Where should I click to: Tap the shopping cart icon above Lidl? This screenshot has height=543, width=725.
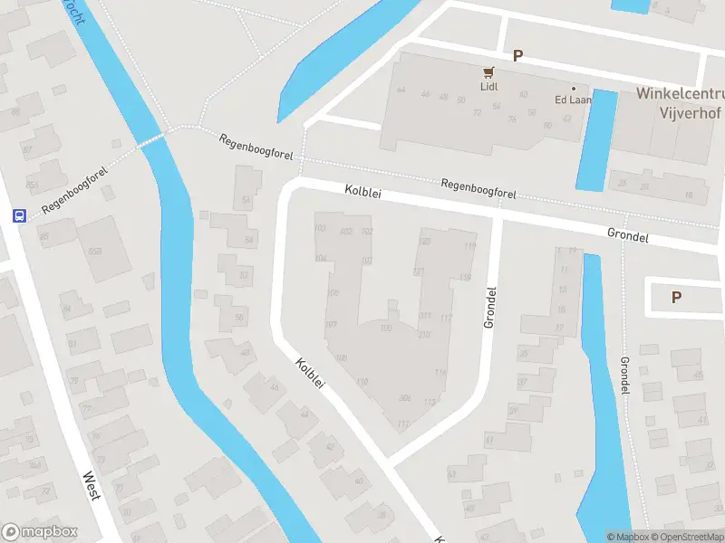click(x=490, y=71)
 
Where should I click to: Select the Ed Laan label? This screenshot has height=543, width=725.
click(x=573, y=100)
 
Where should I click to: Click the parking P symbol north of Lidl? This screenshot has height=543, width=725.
click(x=518, y=55)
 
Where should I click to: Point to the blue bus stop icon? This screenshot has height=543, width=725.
click(x=19, y=215)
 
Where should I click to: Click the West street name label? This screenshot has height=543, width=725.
click(x=92, y=486)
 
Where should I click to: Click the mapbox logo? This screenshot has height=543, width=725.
click(x=40, y=532)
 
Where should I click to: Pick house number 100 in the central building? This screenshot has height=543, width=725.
click(x=386, y=328)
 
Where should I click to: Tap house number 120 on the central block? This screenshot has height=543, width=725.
click(x=424, y=242)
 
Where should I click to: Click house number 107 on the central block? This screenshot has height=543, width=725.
click(x=331, y=324)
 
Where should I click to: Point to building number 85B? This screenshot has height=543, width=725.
click(x=33, y=186)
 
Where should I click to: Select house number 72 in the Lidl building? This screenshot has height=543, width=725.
click(x=477, y=113)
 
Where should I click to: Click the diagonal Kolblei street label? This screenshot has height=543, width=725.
click(x=310, y=374)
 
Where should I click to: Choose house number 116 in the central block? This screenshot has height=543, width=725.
click(x=440, y=372)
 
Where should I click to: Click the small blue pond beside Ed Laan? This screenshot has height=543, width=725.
click(x=595, y=139)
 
